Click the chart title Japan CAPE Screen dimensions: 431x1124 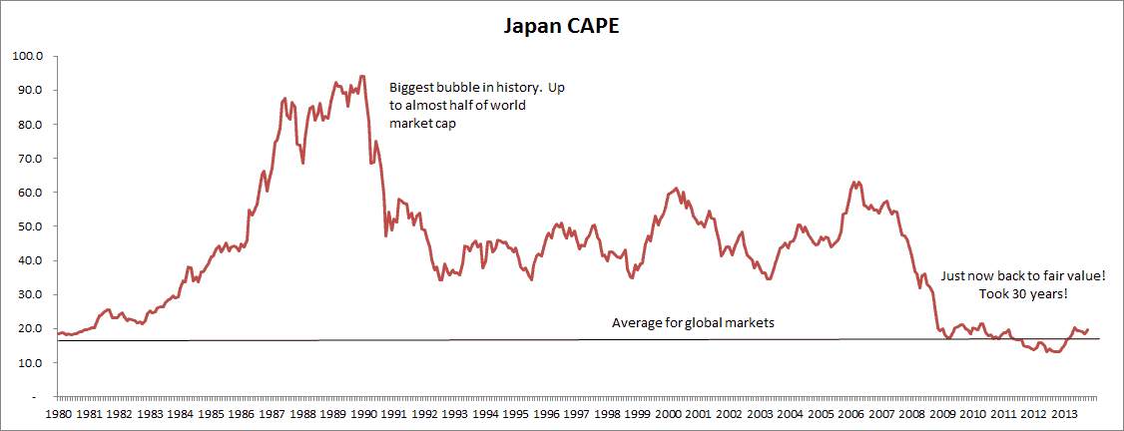[x=561, y=26]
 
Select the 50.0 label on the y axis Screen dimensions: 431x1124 [x=28, y=226]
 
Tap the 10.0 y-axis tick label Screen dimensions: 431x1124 [x=28, y=363]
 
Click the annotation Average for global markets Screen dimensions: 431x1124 [x=693, y=323]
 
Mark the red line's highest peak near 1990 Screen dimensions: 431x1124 [x=361, y=76]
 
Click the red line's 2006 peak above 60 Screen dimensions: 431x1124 [x=854, y=183]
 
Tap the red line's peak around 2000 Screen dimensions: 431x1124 [x=677, y=188]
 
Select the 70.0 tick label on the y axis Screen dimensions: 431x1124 [x=28, y=159]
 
